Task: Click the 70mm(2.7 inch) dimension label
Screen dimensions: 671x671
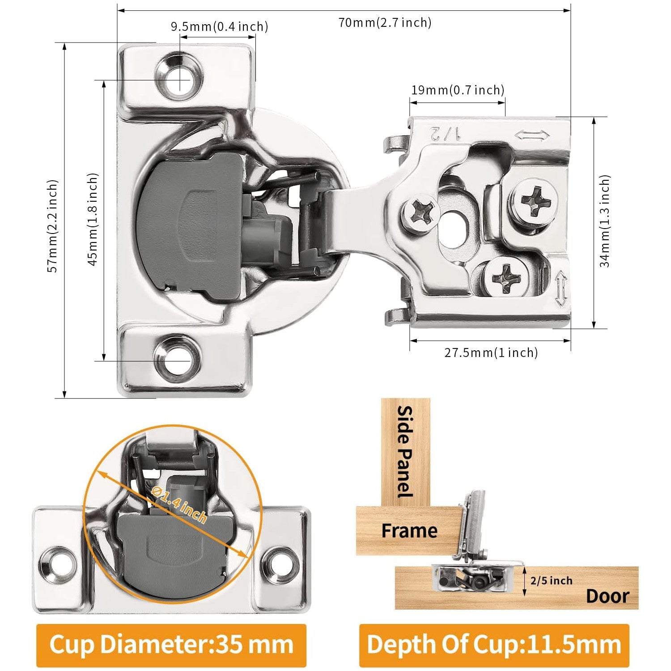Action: click(385, 22)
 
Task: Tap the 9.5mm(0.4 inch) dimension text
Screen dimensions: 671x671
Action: click(219, 27)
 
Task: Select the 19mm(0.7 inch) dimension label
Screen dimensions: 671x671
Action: click(458, 90)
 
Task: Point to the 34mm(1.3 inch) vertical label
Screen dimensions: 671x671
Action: click(605, 221)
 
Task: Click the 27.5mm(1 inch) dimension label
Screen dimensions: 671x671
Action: click(491, 352)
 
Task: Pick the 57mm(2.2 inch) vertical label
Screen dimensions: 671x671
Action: click(53, 226)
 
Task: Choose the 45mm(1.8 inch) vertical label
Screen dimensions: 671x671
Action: click(93, 219)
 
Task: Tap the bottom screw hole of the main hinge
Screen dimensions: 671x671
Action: click(177, 359)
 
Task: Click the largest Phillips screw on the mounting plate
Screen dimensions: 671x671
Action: click(535, 200)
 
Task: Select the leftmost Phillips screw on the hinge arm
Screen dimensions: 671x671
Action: click(420, 213)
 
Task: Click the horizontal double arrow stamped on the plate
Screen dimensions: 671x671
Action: click(532, 135)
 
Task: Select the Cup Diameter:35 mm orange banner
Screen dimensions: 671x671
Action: click(171, 645)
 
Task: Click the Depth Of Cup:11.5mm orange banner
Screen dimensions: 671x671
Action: click(494, 645)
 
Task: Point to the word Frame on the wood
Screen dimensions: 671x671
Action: click(409, 531)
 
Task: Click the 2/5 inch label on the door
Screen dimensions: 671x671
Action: click(551, 581)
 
